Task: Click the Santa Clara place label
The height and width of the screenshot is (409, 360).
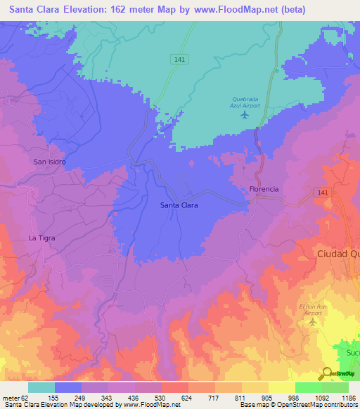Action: pyautogui.click(x=179, y=205)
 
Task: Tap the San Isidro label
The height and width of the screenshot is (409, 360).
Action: pyautogui.click(x=49, y=162)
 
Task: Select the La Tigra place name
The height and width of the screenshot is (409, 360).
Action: pyautogui.click(x=41, y=238)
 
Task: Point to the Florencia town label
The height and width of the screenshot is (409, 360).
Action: pyautogui.click(x=264, y=189)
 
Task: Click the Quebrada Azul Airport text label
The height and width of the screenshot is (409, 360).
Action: pyautogui.click(x=245, y=102)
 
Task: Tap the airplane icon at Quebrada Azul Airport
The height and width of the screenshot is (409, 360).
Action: pyautogui.click(x=245, y=115)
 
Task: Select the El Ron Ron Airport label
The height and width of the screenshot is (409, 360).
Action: pyautogui.click(x=313, y=310)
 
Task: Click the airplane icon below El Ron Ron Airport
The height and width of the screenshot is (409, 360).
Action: pyautogui.click(x=314, y=322)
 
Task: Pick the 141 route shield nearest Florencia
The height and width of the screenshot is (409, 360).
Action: pyautogui.click(x=322, y=192)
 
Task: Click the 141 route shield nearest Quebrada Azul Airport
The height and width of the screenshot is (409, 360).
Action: pyautogui.click(x=179, y=61)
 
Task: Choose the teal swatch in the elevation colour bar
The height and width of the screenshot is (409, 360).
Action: pyautogui.click(x=41, y=387)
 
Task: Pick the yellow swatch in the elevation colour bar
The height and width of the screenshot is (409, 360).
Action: pyautogui.click(x=282, y=387)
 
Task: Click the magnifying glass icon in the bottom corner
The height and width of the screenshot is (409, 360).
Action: pyautogui.click(x=326, y=373)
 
